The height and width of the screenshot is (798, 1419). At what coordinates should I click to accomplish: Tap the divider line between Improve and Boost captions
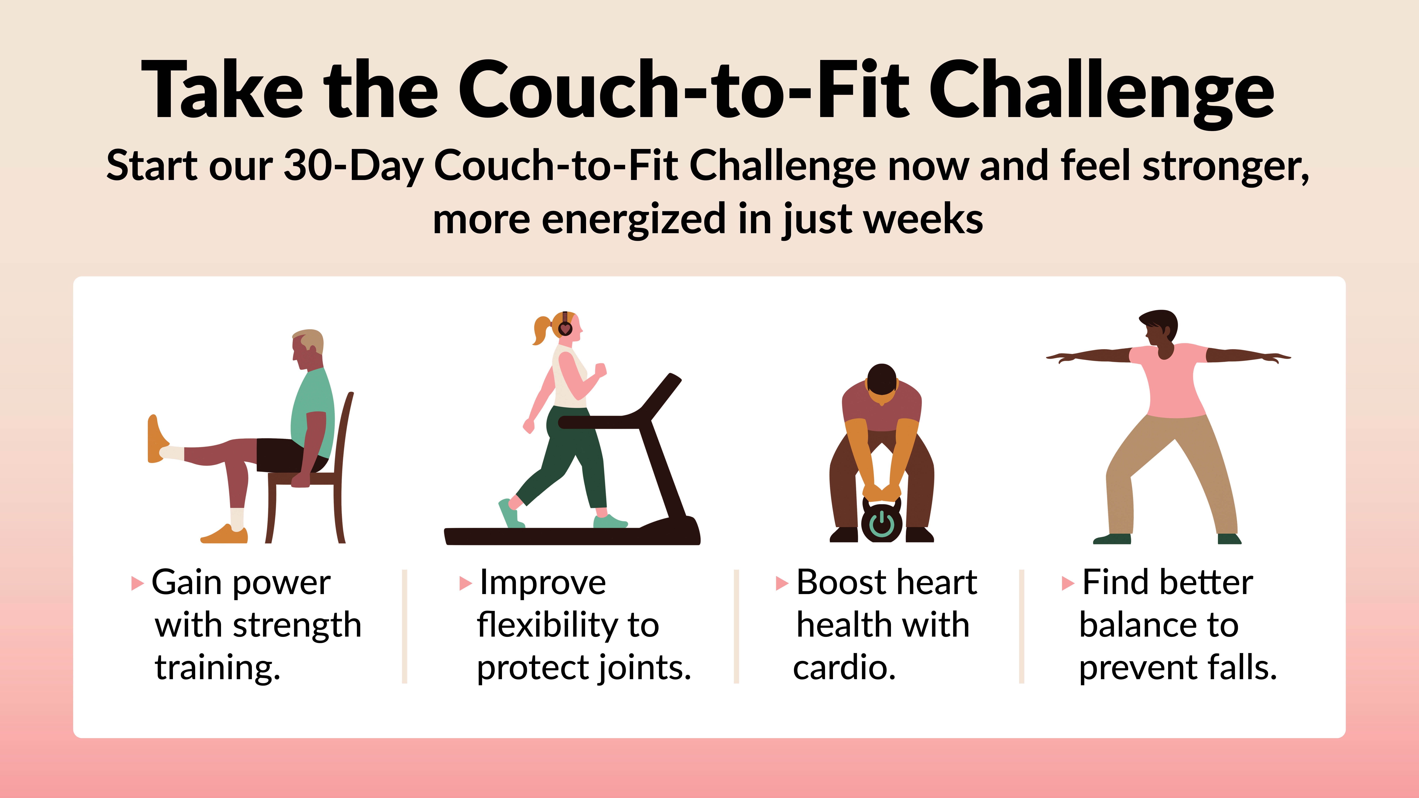tap(736, 627)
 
